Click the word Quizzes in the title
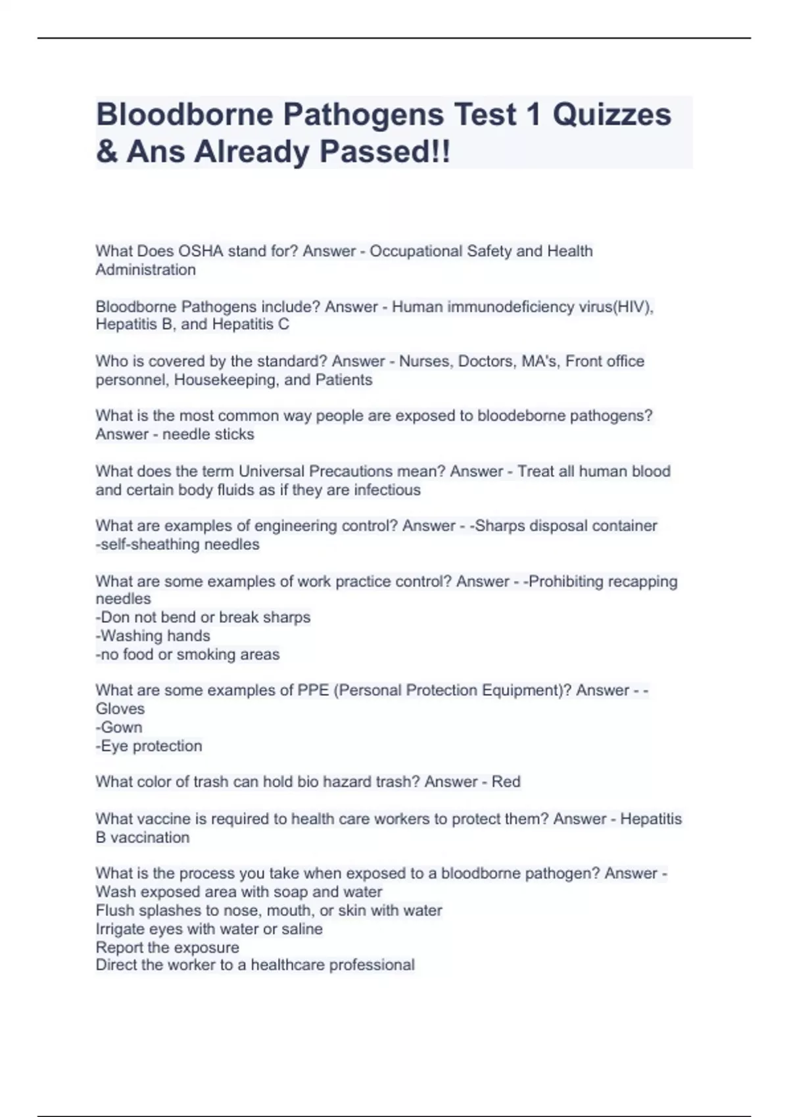[x=611, y=115]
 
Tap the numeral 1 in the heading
[x=533, y=115]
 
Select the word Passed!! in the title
[x=385, y=152]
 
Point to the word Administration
[x=145, y=269]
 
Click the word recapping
[x=644, y=581]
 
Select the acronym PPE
[x=313, y=691]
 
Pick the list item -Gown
[x=119, y=727]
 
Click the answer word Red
[x=506, y=782]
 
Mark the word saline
[x=301, y=929]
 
